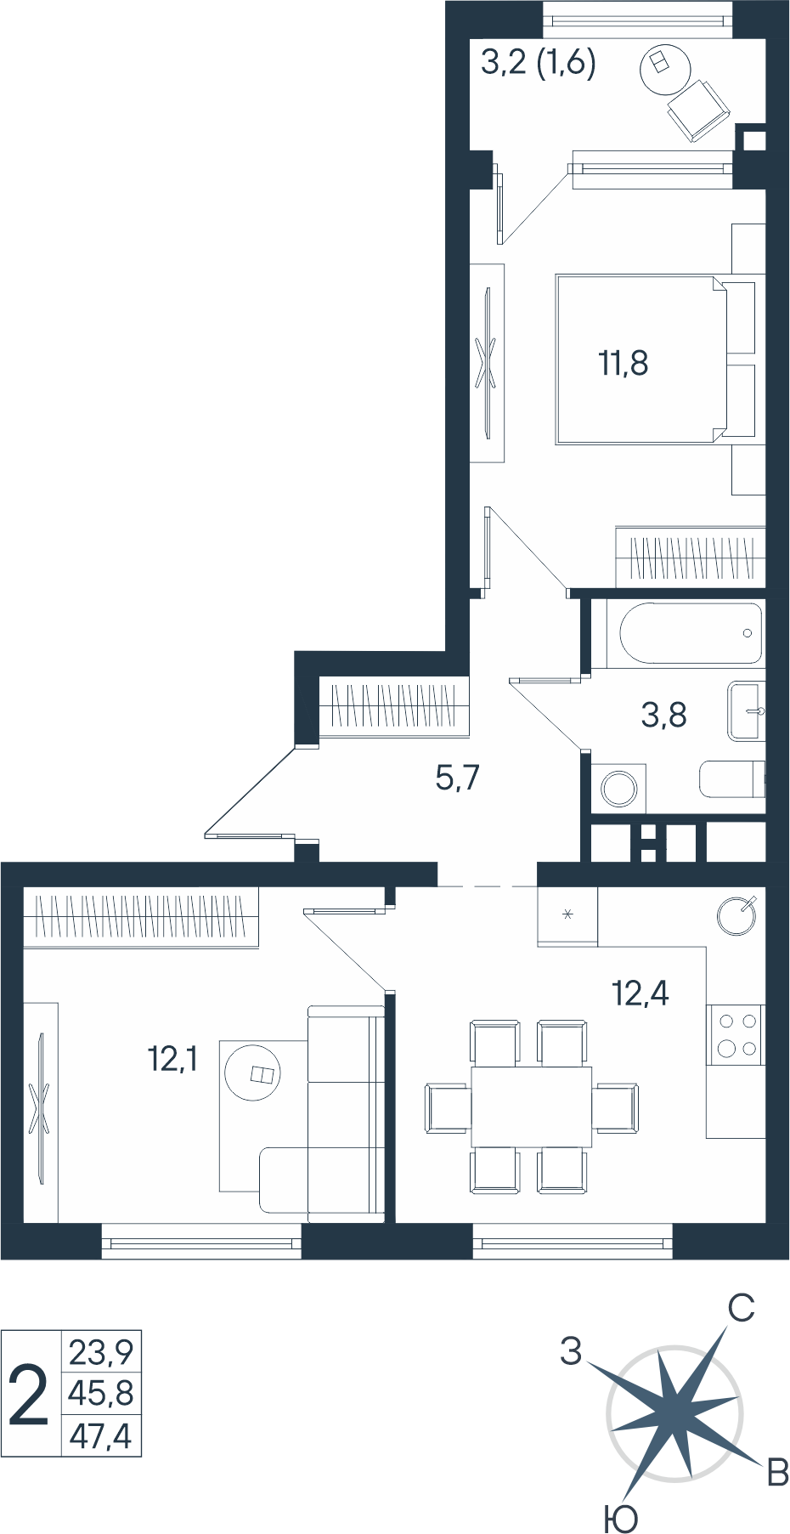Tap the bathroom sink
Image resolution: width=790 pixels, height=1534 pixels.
747,711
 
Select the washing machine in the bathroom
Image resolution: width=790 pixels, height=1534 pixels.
618,789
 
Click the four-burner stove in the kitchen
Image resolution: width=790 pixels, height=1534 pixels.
736,1035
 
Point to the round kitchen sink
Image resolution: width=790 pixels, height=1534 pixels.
736,916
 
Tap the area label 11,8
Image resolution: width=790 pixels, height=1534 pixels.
624,363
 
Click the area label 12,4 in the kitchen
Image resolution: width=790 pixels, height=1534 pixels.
640,993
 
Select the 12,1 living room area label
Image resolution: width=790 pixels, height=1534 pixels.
172,1059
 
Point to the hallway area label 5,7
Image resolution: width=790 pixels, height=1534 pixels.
457,777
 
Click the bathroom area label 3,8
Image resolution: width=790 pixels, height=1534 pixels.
663,715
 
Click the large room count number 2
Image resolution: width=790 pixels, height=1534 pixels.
28,1395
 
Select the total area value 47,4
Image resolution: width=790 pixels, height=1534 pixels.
100,1435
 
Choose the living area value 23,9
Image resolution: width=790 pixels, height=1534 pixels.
101,1351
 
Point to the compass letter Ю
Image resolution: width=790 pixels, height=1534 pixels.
620,1518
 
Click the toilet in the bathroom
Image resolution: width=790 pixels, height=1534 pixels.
732,778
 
